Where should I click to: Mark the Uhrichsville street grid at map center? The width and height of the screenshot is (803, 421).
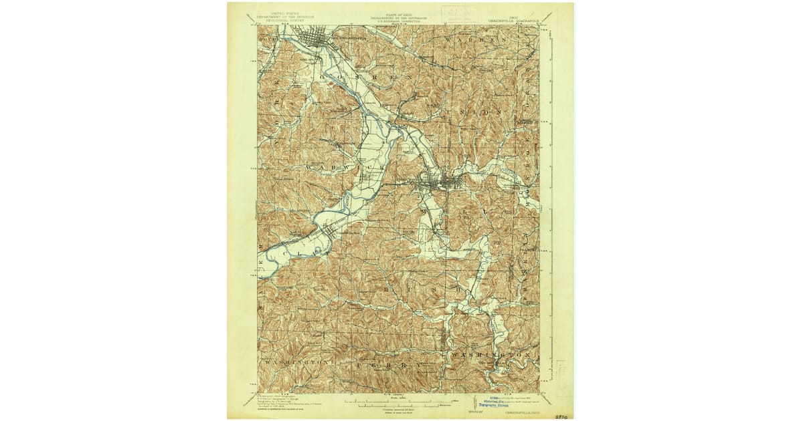tap(438, 182)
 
